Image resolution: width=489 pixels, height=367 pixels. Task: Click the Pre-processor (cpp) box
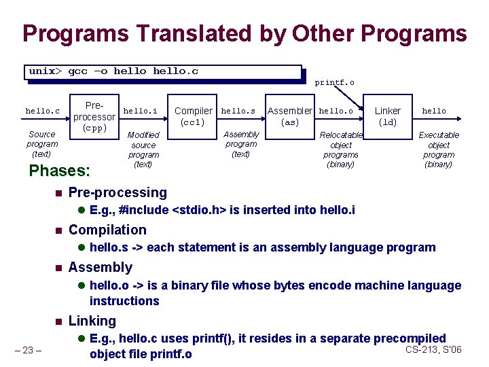click(x=95, y=117)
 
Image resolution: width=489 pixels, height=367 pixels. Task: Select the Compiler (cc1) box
click(x=194, y=116)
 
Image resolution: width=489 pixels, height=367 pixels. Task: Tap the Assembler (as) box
click(x=290, y=116)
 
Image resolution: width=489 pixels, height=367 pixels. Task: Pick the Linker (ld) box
click(x=388, y=116)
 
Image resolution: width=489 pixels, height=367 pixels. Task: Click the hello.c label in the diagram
click(x=43, y=111)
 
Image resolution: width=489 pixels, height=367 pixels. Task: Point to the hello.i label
click(x=140, y=111)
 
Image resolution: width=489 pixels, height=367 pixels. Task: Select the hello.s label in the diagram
click(x=238, y=111)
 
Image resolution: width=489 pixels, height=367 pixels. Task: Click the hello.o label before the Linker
click(x=336, y=111)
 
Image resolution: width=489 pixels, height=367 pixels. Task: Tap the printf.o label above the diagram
click(x=334, y=83)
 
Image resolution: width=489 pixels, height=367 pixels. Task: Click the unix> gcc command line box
click(x=163, y=72)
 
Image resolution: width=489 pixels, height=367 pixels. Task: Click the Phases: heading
click(x=60, y=171)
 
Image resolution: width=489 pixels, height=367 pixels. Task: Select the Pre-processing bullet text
click(x=117, y=193)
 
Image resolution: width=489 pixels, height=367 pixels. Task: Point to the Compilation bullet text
click(x=107, y=230)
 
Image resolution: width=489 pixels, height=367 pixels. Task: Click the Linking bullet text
click(x=92, y=321)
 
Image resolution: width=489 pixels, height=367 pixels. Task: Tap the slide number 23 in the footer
click(x=29, y=351)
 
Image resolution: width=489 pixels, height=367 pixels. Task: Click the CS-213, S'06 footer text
click(x=433, y=349)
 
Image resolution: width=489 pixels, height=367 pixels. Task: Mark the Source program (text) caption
click(x=42, y=145)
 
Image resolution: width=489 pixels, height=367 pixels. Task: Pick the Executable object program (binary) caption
click(x=438, y=150)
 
